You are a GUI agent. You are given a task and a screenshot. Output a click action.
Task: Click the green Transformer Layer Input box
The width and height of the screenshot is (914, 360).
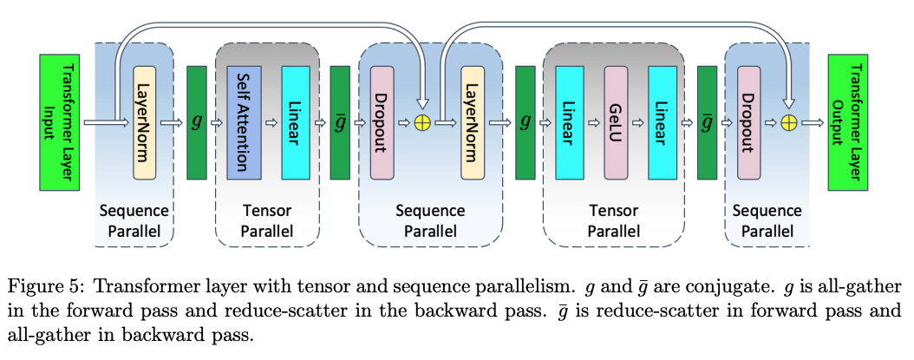pyautogui.click(x=60, y=122)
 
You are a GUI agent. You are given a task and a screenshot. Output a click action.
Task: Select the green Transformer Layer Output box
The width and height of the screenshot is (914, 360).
pyautogui.click(x=852, y=122)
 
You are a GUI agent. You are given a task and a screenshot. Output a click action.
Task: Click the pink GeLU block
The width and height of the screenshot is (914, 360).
pyautogui.click(x=616, y=122)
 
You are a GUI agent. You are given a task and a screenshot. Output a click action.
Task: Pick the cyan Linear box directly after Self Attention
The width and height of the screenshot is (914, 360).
pyautogui.click(x=295, y=122)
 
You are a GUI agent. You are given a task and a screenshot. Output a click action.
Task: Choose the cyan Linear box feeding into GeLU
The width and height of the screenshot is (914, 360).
pyautogui.click(x=570, y=122)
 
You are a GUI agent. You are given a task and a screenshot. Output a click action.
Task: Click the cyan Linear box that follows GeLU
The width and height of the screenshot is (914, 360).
pyautogui.click(x=661, y=122)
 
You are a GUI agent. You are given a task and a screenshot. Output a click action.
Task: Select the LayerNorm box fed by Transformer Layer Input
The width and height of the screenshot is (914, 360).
pyautogui.click(x=145, y=122)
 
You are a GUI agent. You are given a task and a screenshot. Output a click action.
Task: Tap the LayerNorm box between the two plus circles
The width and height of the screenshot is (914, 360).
pyautogui.click(x=473, y=122)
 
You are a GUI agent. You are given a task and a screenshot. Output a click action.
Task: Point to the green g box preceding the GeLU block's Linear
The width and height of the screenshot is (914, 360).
pyautogui.click(x=525, y=122)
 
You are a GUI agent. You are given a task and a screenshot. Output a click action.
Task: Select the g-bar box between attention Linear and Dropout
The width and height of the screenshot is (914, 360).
pyautogui.click(x=341, y=122)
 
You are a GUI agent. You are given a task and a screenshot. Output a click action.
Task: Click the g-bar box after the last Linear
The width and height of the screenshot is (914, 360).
pyautogui.click(x=707, y=122)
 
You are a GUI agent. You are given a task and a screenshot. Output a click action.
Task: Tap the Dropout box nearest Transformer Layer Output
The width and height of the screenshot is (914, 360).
pyautogui.click(x=751, y=122)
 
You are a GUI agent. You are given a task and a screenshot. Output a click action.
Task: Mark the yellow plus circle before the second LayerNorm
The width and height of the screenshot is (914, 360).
pyautogui.click(x=423, y=123)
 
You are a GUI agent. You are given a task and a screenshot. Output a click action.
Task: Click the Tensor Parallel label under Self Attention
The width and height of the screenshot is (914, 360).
pyautogui.click(x=266, y=221)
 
